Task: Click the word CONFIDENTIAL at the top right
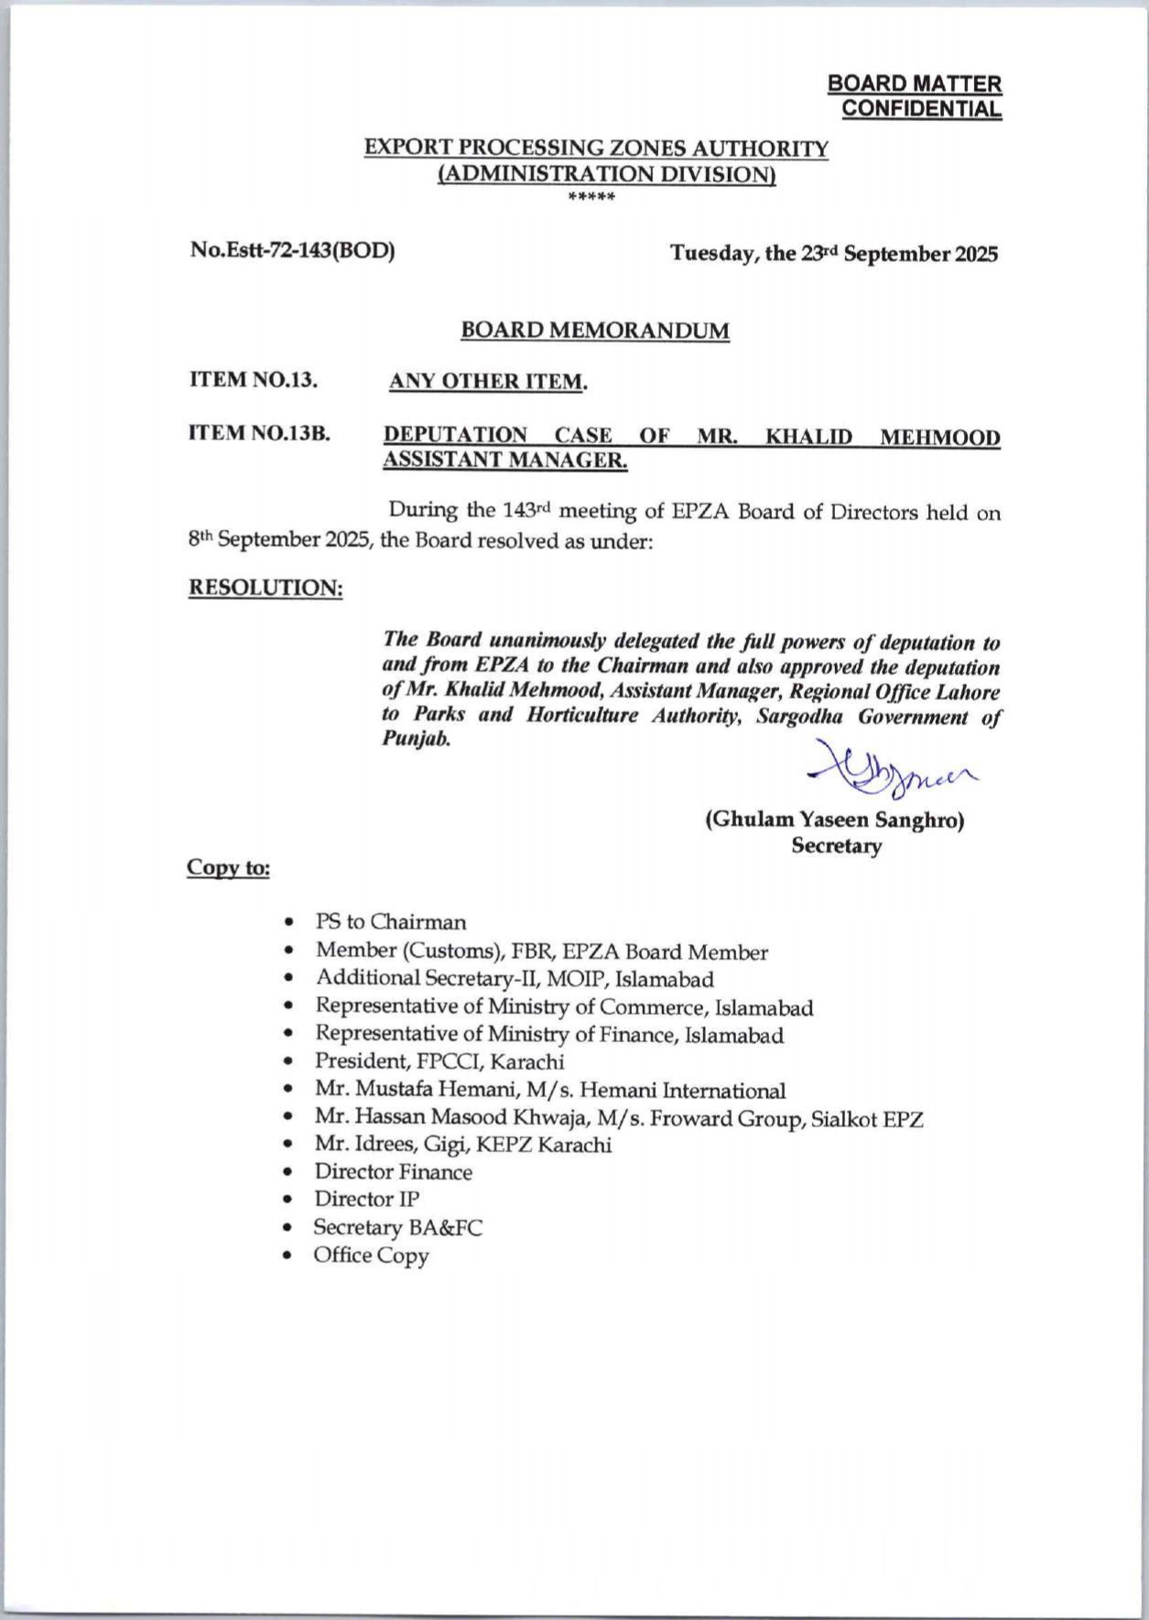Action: click(921, 109)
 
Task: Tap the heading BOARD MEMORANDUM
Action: click(595, 330)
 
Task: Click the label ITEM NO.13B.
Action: click(259, 433)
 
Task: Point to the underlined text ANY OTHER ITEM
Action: click(487, 381)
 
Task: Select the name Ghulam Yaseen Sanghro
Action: click(834, 820)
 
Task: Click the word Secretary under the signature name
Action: click(836, 846)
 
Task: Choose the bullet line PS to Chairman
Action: click(390, 921)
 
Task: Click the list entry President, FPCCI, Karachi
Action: click(439, 1061)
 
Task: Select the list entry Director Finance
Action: click(394, 1172)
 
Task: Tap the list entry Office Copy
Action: click(371, 1255)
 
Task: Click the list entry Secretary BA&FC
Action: click(397, 1227)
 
